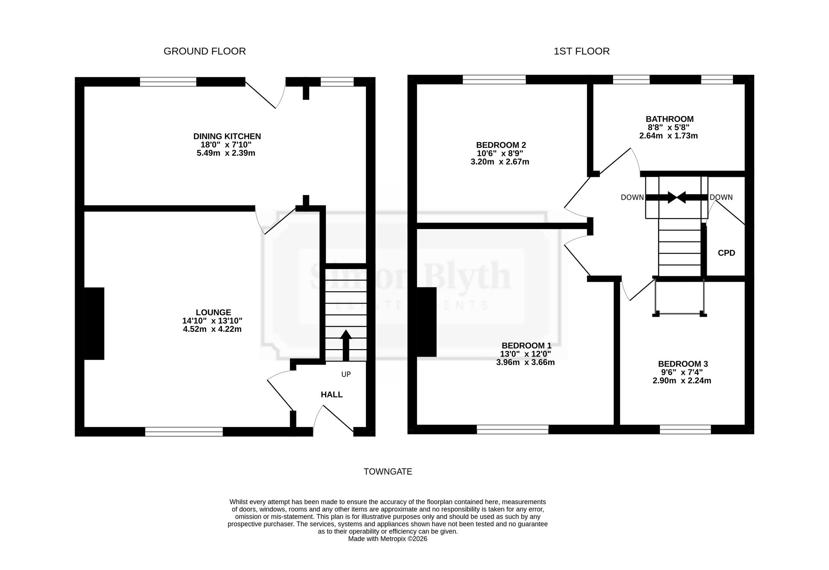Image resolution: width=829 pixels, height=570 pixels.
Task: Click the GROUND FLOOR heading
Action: [x=205, y=51]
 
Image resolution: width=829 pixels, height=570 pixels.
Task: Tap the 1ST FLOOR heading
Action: [x=582, y=51]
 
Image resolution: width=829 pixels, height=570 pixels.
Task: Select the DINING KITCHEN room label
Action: [x=227, y=136]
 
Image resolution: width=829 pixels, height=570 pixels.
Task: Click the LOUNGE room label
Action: [x=213, y=312]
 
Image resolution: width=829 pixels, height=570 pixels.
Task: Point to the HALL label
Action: [x=332, y=395]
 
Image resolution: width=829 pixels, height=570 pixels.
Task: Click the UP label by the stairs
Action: [x=346, y=374]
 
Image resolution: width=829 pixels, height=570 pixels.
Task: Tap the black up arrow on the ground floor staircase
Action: [x=346, y=345]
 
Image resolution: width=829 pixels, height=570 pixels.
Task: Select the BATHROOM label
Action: [x=669, y=119]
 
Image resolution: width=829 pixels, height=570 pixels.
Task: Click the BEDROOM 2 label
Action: [x=501, y=145]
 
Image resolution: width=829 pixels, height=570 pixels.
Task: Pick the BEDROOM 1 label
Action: [x=526, y=345]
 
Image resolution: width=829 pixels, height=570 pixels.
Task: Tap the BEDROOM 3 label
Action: [x=683, y=364]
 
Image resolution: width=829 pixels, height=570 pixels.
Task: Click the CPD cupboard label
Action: [x=727, y=253]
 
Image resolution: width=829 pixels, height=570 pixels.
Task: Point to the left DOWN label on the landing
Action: [x=633, y=198]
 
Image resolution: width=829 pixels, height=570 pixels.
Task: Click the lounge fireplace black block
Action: [x=94, y=324]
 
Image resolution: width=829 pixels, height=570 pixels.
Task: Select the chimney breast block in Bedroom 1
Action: [x=427, y=322]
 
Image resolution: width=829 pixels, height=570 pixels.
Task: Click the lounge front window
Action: [x=184, y=432]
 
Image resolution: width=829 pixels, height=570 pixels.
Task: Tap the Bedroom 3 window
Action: [x=685, y=430]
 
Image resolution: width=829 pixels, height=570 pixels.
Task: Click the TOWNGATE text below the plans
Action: [x=388, y=472]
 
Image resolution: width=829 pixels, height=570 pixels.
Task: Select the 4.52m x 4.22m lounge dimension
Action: [x=212, y=329]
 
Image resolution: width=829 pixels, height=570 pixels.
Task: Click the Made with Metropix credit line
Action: [x=388, y=539]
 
